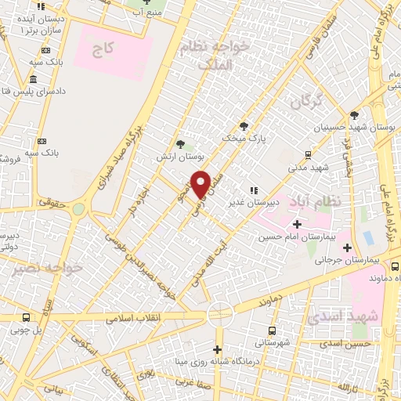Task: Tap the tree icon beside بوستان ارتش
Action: (x=181, y=143)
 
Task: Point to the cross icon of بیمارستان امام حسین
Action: (x=296, y=225)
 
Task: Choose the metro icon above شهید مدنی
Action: (x=308, y=154)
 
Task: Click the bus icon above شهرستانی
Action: (x=271, y=331)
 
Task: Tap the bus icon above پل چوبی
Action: (x=27, y=318)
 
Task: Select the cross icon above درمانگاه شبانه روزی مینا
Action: (x=219, y=349)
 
